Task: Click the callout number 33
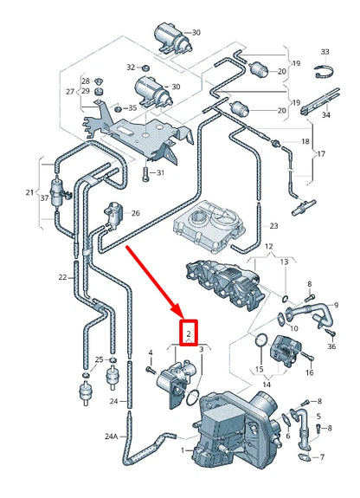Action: coord(325,53)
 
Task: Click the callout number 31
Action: coord(160,174)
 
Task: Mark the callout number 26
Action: coord(135,212)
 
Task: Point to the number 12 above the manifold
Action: coord(269,247)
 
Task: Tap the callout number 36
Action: coord(331,346)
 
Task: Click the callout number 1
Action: coord(183,451)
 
